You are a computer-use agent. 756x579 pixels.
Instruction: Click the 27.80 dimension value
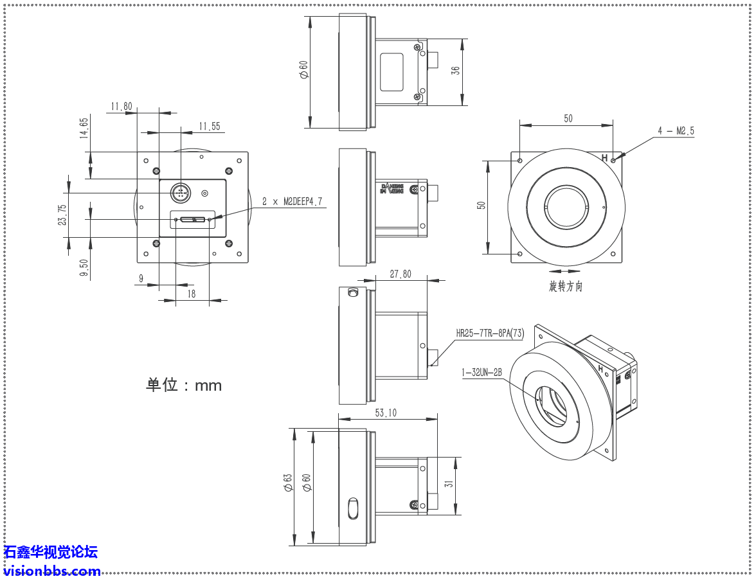click(x=401, y=274)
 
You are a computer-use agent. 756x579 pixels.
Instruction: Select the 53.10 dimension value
click(x=386, y=413)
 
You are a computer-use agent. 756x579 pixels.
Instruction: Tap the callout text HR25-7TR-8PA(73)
click(x=490, y=334)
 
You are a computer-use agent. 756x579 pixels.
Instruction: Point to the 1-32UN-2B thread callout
click(x=481, y=371)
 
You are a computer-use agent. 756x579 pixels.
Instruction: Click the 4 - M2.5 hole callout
click(x=675, y=131)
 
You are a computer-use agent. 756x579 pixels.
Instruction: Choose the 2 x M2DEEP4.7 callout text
click(x=293, y=202)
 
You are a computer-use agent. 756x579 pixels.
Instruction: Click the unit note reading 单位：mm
click(x=184, y=385)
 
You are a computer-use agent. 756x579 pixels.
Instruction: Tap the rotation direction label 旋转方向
click(x=566, y=287)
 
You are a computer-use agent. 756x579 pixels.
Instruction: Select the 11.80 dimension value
click(x=122, y=106)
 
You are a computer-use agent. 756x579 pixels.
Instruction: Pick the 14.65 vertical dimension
click(x=84, y=128)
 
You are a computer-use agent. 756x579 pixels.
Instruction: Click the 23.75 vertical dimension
click(x=62, y=215)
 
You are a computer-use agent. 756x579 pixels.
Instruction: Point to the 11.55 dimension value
click(x=209, y=127)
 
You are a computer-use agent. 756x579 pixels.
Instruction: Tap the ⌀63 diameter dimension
click(x=288, y=483)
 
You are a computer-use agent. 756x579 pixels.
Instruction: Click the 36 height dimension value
click(x=455, y=71)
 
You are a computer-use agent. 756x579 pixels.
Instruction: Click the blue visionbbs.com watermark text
click(x=52, y=571)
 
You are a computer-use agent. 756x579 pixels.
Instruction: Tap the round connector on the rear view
click(x=181, y=192)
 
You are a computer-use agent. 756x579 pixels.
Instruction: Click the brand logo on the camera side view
click(x=392, y=188)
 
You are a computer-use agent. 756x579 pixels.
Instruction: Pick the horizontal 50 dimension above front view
click(x=568, y=118)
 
